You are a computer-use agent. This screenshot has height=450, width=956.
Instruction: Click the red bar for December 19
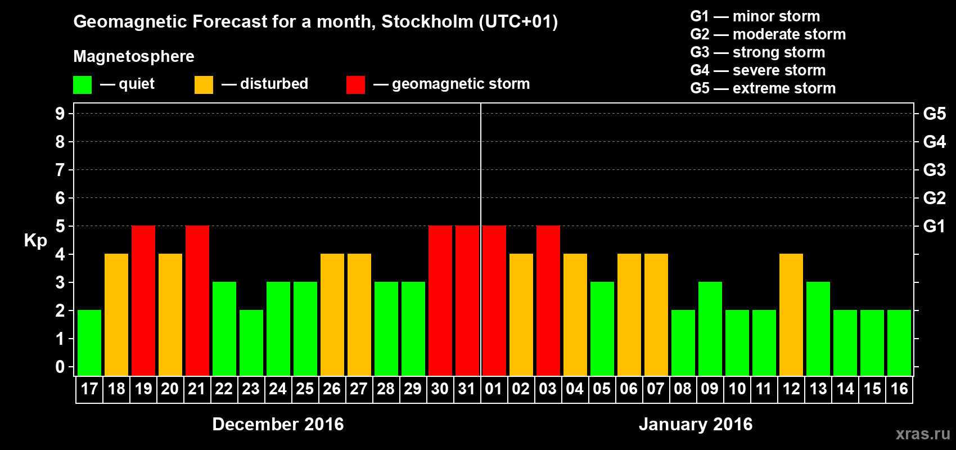[143, 300]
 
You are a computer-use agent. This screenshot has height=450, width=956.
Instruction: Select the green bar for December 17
[89, 343]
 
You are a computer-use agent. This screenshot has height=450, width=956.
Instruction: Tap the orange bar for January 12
[791, 314]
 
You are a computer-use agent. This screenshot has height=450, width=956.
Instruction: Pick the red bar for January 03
[548, 300]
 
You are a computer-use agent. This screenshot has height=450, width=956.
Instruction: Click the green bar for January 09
[710, 328]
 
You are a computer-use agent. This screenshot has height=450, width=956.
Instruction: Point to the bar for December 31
[467, 300]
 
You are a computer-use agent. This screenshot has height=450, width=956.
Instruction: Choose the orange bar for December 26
[332, 314]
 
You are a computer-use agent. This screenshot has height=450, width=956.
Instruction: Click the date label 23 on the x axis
[251, 389]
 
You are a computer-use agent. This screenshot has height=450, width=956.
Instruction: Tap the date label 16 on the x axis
[899, 389]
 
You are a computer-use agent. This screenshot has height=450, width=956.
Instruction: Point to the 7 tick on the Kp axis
[60, 170]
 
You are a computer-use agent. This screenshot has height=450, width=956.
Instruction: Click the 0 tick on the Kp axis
[60, 367]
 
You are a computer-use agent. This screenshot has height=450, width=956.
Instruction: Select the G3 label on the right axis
[934, 170]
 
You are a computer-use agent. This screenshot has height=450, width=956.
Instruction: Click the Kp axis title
[35, 241]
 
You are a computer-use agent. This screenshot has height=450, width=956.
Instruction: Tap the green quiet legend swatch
[83, 85]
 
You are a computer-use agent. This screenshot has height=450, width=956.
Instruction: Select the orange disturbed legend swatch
[204, 85]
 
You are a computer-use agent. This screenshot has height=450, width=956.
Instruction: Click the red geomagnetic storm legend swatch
[355, 85]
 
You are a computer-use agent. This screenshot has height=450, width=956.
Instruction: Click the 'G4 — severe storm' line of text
[758, 70]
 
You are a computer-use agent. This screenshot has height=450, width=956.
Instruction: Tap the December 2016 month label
[278, 424]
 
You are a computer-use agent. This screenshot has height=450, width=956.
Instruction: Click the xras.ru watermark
[923, 434]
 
